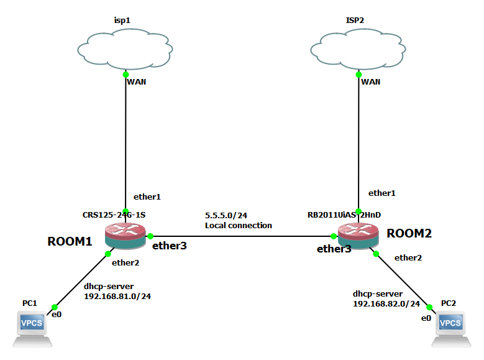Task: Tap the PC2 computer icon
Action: [x=450, y=327]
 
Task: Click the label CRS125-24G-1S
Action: [x=114, y=215]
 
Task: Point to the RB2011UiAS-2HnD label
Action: [x=344, y=215]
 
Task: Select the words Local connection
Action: [x=238, y=225]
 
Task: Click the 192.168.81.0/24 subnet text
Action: [x=117, y=297]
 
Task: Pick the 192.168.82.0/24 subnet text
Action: [x=386, y=304]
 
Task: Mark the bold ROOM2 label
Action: [x=409, y=234]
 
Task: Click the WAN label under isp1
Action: [x=137, y=81]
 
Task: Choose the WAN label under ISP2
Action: [x=371, y=81]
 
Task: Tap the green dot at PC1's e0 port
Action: [x=54, y=307]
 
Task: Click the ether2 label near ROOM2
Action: [x=408, y=257]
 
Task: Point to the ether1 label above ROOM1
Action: [x=147, y=196]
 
